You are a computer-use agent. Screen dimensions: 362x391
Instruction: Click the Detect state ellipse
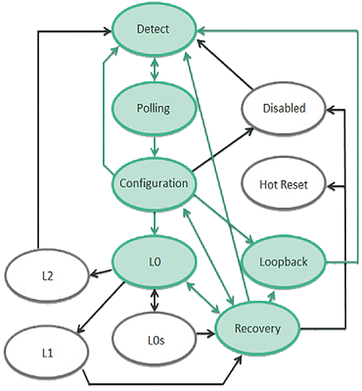(x=154, y=29)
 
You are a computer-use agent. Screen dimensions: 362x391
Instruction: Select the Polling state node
(x=154, y=109)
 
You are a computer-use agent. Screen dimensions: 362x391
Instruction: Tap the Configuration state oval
(x=154, y=183)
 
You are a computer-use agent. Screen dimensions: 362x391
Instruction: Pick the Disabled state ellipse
(x=283, y=109)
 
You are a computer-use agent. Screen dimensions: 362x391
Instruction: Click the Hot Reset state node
(x=283, y=185)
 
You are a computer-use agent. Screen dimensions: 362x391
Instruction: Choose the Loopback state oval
(x=283, y=263)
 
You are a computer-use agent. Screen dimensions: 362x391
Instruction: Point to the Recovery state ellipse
(x=258, y=329)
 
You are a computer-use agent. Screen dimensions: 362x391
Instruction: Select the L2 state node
(x=47, y=276)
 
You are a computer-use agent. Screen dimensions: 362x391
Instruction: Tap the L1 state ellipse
(x=46, y=353)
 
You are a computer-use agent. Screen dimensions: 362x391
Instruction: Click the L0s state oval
(x=154, y=341)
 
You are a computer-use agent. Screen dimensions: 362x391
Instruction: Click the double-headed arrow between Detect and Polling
(x=155, y=69)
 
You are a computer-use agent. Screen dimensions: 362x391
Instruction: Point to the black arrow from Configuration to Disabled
(x=223, y=149)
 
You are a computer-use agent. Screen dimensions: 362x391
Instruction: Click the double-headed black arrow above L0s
(x=155, y=300)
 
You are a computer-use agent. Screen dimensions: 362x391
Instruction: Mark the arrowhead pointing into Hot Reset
(x=330, y=186)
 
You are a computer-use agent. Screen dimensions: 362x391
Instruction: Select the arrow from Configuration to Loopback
(x=224, y=219)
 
